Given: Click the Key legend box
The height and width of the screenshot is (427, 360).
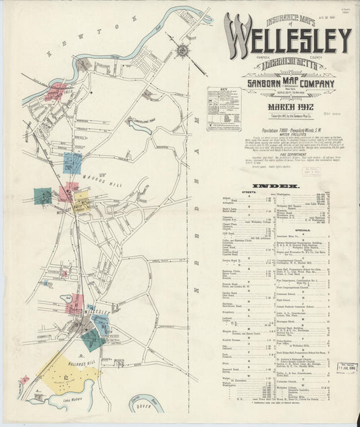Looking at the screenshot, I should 224,108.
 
